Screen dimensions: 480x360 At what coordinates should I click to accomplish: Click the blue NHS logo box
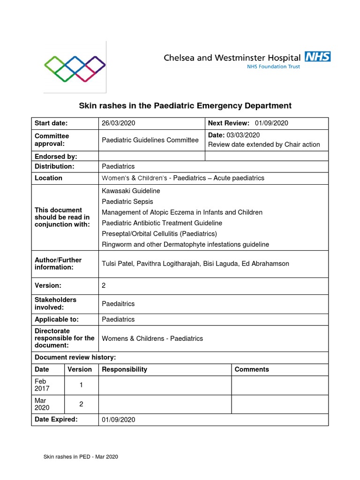pos(317,57)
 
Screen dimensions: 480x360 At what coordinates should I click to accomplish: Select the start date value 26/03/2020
pos(118,123)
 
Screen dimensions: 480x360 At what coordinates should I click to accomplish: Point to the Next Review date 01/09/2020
pos(271,123)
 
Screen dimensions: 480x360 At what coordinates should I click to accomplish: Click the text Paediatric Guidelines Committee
pos(150,140)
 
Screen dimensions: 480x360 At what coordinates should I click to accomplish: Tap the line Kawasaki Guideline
pos(131,191)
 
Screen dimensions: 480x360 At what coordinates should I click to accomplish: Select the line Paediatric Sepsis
pos(127,202)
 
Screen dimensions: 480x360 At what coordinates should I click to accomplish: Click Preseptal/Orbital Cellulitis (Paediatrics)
pos(159,233)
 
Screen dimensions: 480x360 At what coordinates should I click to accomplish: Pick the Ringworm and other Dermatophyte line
pos(185,244)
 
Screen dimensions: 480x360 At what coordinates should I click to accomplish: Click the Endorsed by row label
pos(56,156)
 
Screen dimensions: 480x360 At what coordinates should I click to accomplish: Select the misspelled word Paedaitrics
pos(118,304)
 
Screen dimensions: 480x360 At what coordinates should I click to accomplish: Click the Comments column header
pos(252,369)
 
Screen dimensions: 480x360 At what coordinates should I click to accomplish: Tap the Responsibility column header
pos(124,369)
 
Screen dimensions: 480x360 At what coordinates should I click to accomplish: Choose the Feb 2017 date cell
pos(42,385)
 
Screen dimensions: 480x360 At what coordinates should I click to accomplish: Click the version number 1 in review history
pos(81,385)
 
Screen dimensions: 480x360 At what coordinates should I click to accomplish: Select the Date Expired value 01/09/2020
pos(118,420)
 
